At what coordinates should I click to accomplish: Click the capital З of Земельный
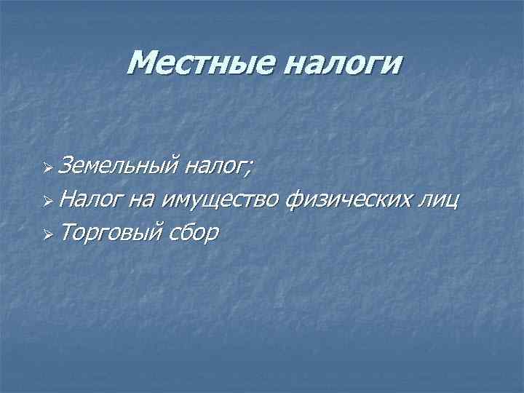click(67, 168)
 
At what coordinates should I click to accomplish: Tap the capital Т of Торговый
click(67, 232)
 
